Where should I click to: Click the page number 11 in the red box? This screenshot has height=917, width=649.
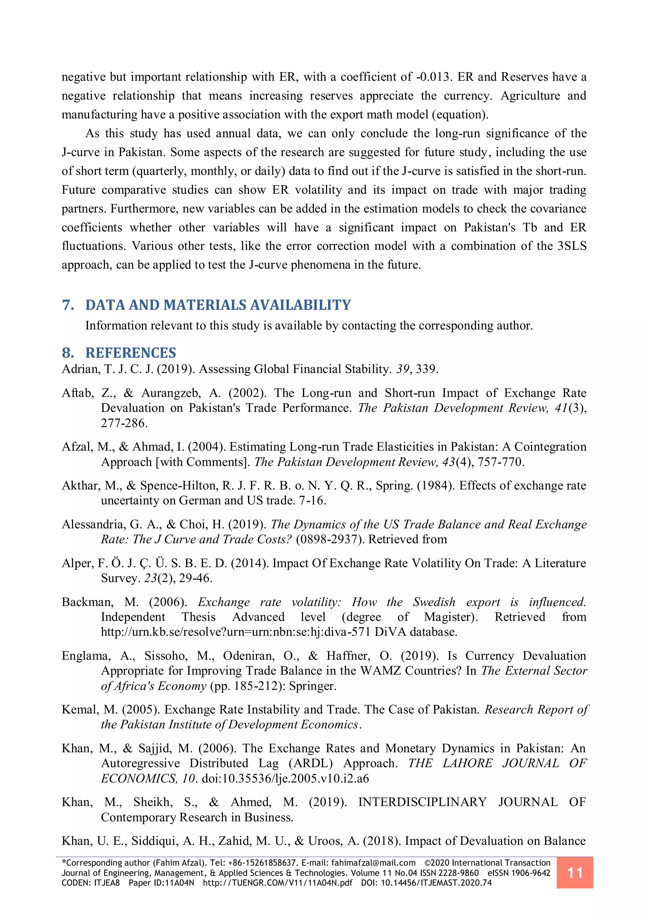(574, 872)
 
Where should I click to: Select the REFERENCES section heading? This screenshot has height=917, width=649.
(131, 353)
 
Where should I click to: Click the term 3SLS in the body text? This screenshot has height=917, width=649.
(572, 246)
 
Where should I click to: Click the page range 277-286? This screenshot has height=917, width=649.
(124, 423)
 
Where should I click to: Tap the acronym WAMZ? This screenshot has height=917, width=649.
(381, 671)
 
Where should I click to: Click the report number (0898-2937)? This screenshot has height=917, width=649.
(330, 540)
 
